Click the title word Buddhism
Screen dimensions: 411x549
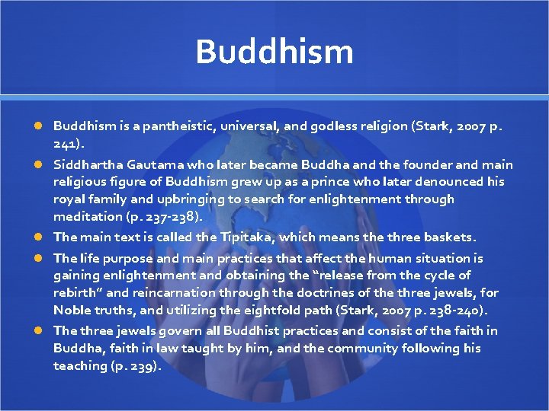pyautogui.click(x=274, y=52)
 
